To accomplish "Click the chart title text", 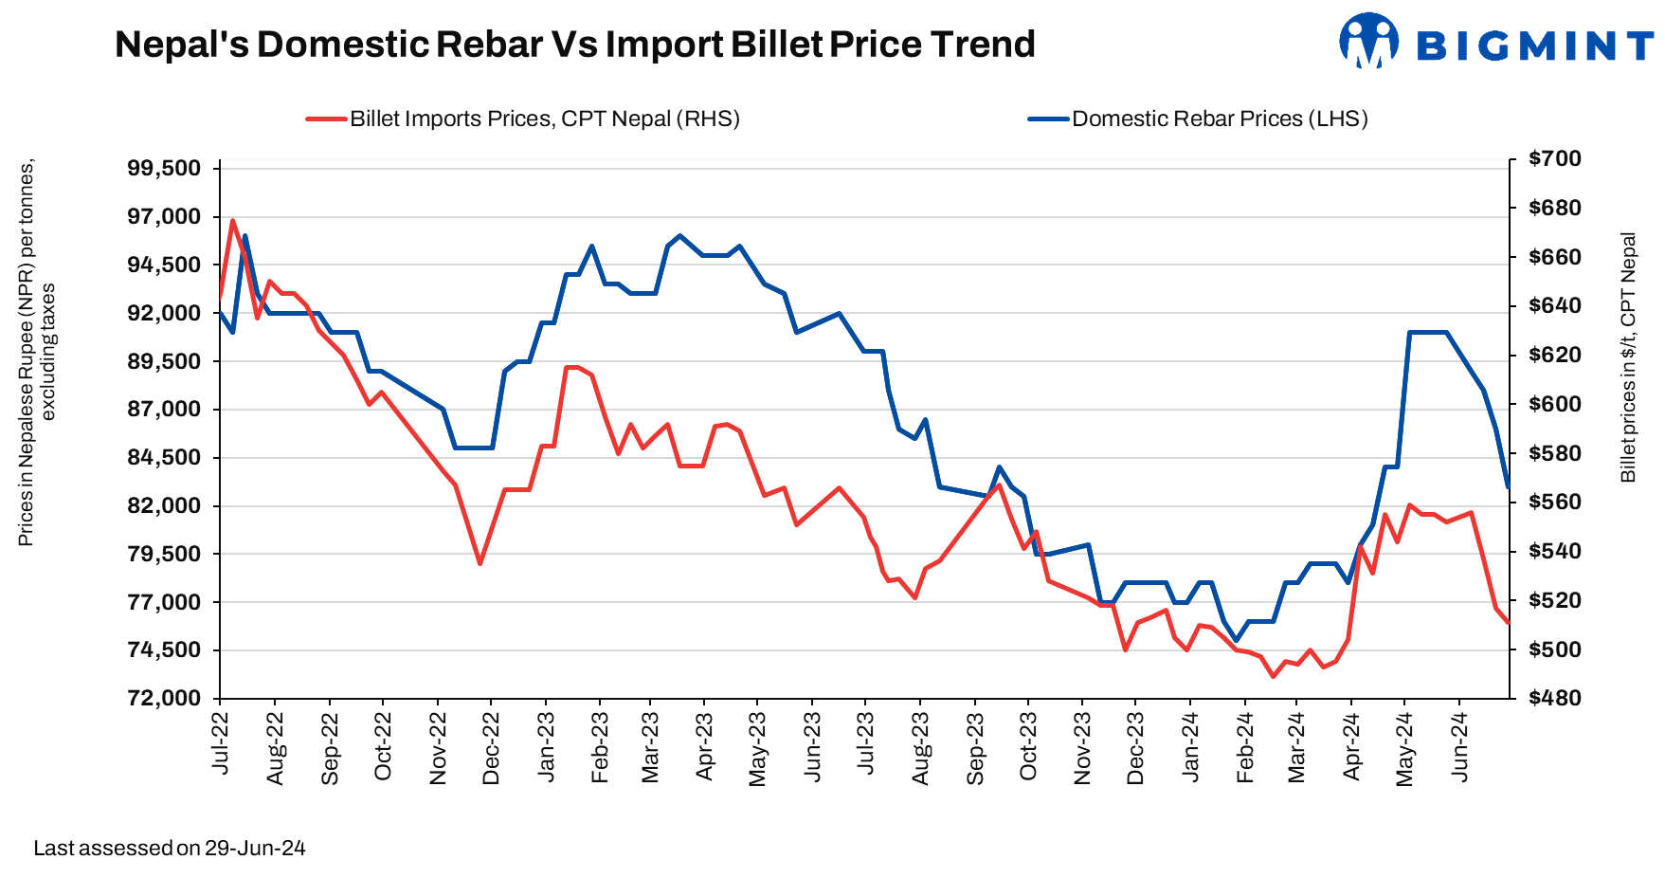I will point(574,45).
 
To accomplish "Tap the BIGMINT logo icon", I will point(1368,41).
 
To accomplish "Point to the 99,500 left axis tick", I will point(165,169).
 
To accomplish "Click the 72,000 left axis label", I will point(165,699).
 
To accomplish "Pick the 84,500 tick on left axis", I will point(165,458).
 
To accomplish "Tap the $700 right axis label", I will point(1555,158).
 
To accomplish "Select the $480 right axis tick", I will point(1555,699).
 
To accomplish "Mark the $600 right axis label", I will point(1555,404).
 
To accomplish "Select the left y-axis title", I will point(36,352).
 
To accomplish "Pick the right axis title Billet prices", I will point(1628,357).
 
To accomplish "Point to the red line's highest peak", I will point(232,221).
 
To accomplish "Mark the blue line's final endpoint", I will point(1508,486).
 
